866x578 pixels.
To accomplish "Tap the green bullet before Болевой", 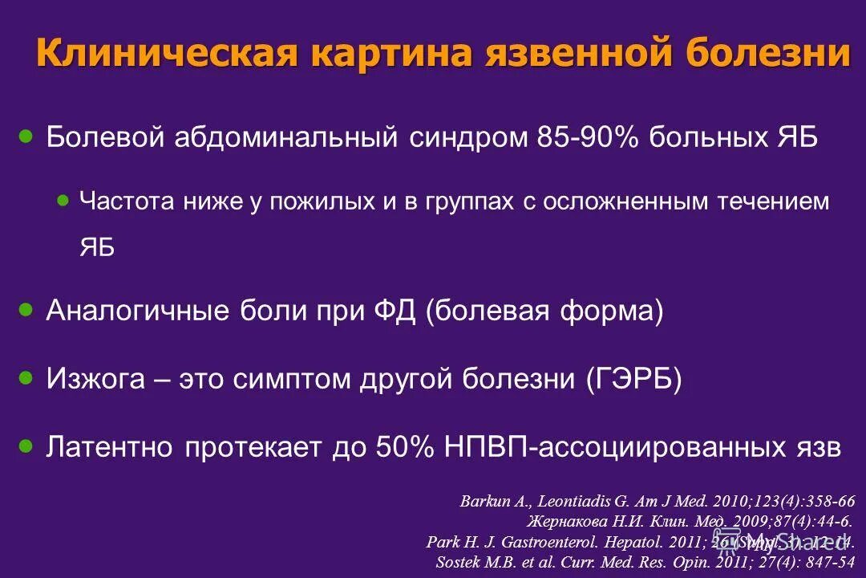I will (x=26, y=136).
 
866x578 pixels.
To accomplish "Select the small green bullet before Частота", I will (x=63, y=201).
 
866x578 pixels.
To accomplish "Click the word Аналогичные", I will (x=139, y=310).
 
